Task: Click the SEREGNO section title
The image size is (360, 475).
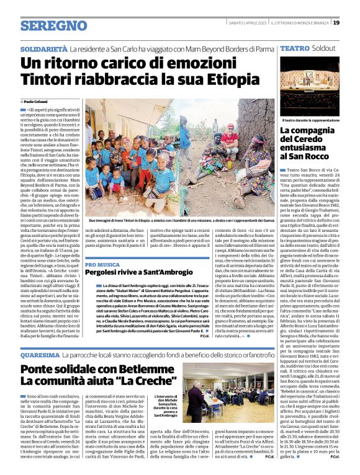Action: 53,25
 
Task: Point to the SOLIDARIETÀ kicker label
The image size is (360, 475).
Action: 43,48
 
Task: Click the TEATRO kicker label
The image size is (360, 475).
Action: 294,48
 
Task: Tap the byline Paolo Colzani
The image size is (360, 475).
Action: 37,100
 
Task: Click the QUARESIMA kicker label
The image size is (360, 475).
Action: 40,355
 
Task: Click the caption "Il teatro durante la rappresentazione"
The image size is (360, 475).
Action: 312,120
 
